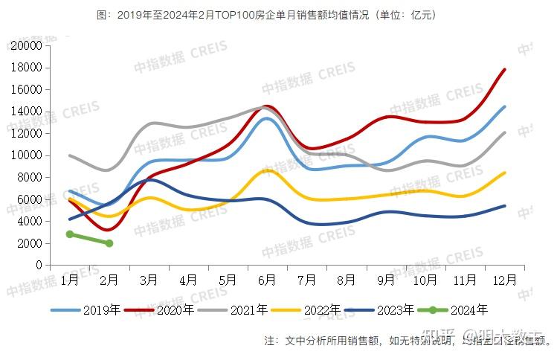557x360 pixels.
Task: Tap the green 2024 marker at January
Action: click(70, 234)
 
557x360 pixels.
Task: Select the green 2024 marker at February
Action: click(109, 243)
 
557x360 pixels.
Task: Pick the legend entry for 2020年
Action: click(159, 310)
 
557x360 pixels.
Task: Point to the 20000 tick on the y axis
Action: click(26, 46)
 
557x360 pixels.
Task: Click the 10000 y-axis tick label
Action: click(26, 155)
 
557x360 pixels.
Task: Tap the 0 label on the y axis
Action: click(38, 266)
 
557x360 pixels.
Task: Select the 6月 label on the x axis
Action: click(268, 280)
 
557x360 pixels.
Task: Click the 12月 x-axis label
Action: click(506, 280)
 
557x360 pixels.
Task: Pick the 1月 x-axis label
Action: click(70, 280)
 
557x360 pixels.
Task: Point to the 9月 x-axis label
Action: click(387, 280)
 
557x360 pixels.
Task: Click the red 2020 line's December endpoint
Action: click(506, 69)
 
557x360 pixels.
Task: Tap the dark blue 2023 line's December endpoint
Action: click(506, 206)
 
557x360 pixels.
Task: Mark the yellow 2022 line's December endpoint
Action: click(506, 173)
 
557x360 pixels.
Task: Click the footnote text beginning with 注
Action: click(408, 341)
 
